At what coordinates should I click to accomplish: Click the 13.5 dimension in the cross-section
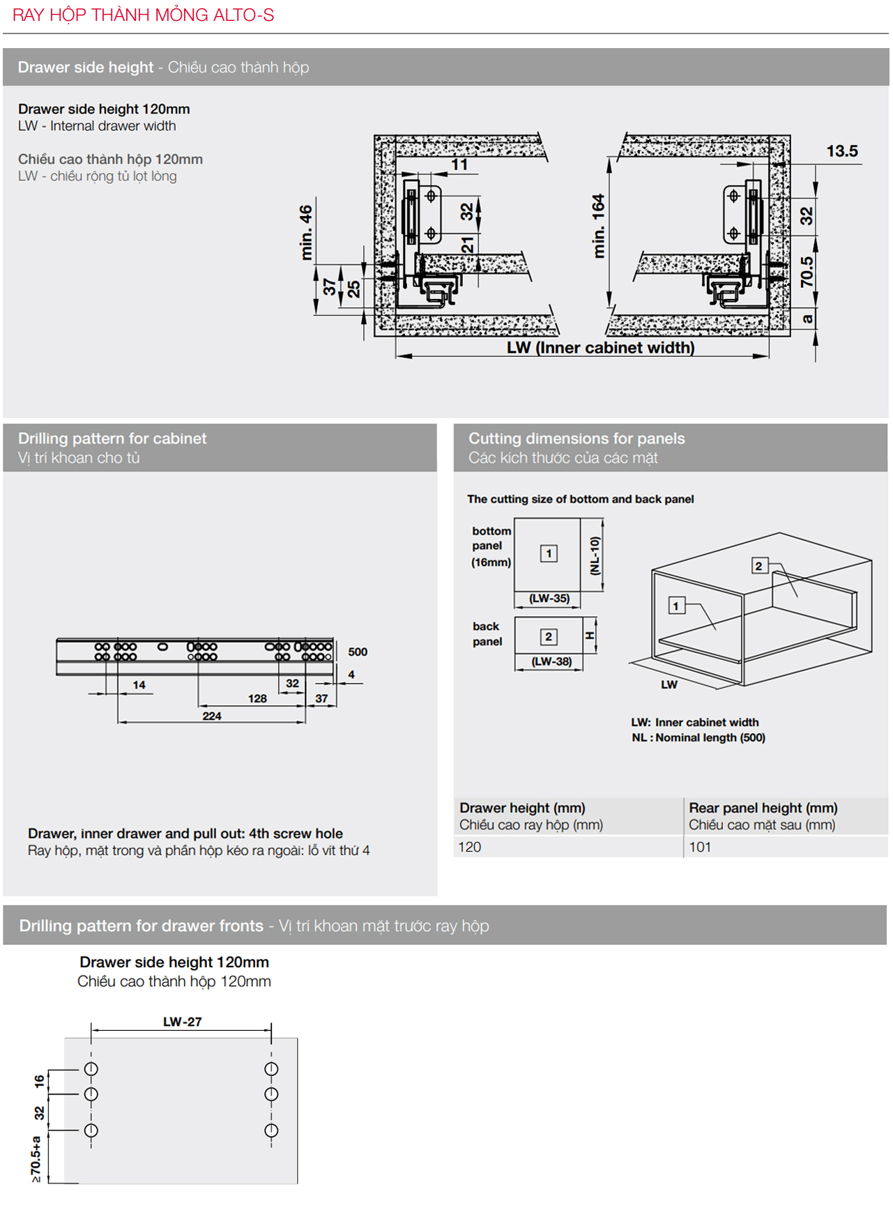pyautogui.click(x=841, y=151)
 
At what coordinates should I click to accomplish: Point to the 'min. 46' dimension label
pyautogui.click(x=305, y=232)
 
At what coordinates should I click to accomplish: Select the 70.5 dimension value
pyautogui.click(x=807, y=272)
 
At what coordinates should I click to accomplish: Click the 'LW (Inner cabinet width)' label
pyautogui.click(x=600, y=347)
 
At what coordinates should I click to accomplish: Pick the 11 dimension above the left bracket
pyautogui.click(x=459, y=164)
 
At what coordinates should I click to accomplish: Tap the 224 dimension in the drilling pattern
pyautogui.click(x=212, y=716)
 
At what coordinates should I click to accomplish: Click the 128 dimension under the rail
pyautogui.click(x=257, y=698)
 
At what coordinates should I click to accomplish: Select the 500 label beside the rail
pyautogui.click(x=358, y=652)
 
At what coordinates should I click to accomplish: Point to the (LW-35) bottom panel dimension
pyautogui.click(x=549, y=598)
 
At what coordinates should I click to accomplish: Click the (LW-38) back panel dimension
pyautogui.click(x=551, y=661)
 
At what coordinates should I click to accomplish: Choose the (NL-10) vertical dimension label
pyautogui.click(x=595, y=555)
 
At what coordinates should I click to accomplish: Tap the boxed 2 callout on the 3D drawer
pyautogui.click(x=758, y=566)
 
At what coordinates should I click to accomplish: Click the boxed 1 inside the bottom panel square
pyautogui.click(x=549, y=553)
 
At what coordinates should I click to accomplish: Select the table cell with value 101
pyautogui.click(x=700, y=847)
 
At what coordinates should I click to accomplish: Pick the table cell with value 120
pyautogui.click(x=470, y=847)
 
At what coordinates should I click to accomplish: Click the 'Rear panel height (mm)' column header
pyautogui.click(x=763, y=808)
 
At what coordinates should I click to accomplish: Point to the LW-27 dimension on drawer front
pyautogui.click(x=183, y=1022)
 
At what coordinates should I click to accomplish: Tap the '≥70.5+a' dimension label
pyautogui.click(x=36, y=1158)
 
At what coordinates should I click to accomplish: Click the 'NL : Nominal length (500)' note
pyautogui.click(x=698, y=737)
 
